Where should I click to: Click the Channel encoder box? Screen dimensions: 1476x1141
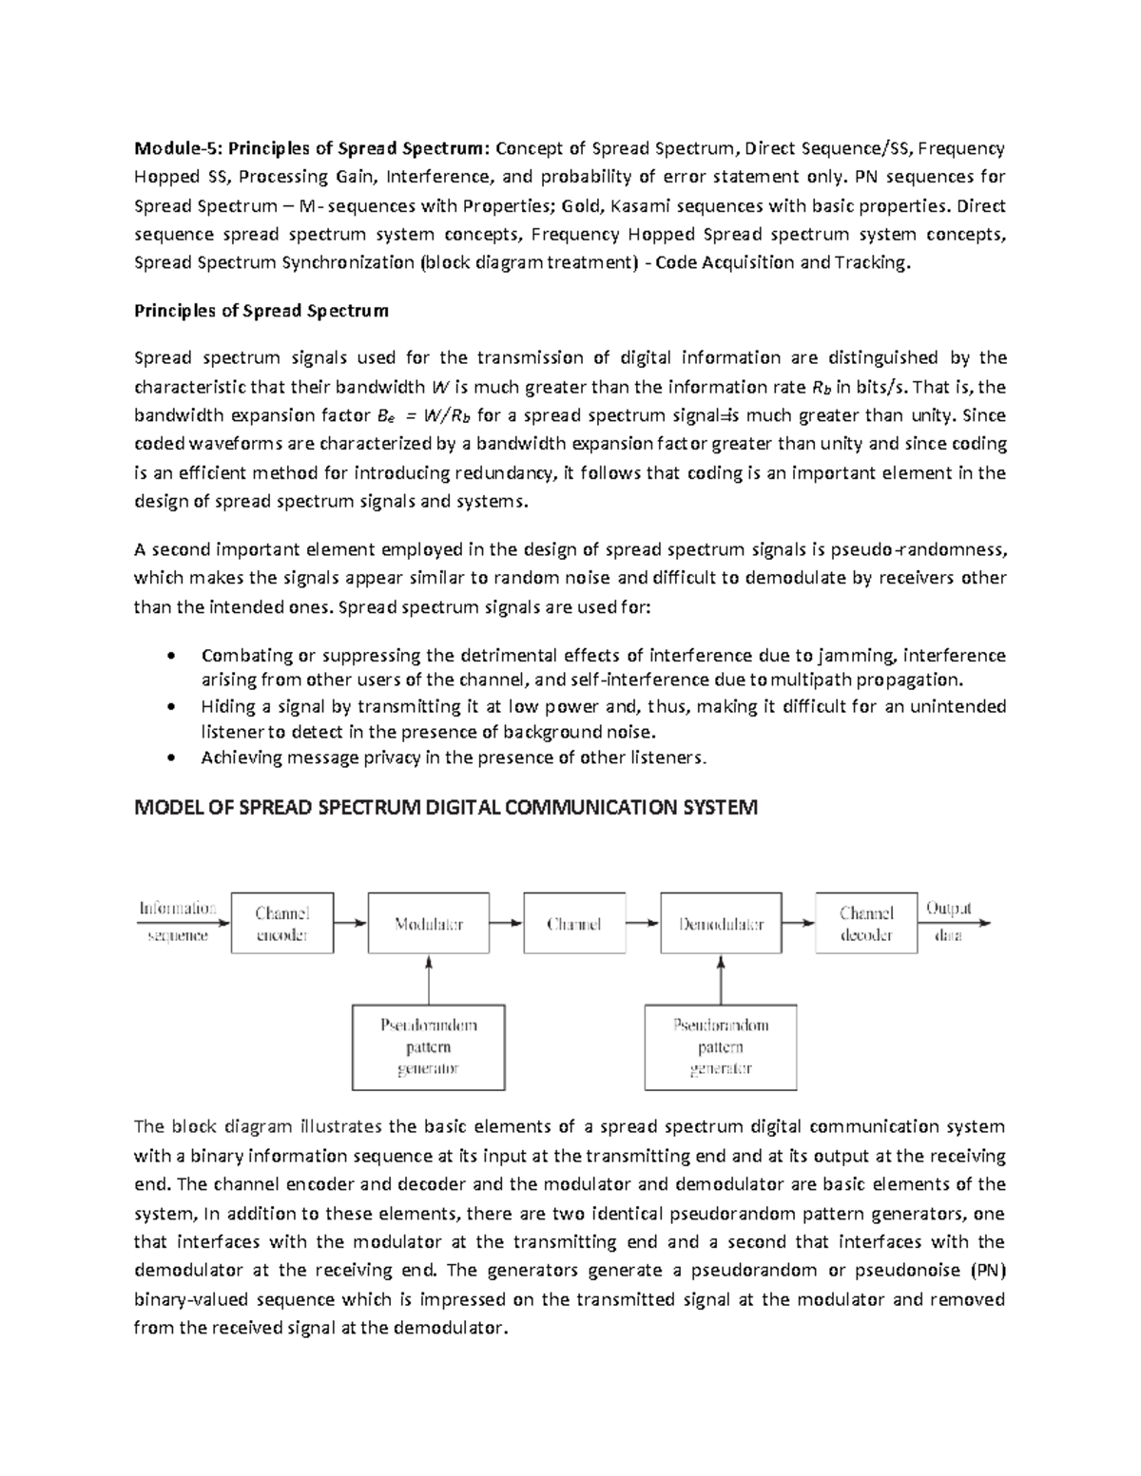coord(282,923)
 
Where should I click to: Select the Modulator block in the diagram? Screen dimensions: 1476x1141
coord(429,923)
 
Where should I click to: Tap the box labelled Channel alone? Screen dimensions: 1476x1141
coord(574,923)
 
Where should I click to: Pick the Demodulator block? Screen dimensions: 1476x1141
coord(721,923)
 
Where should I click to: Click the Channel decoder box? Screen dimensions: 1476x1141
coord(866,923)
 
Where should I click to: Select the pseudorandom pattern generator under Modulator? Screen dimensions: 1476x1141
coord(429,1046)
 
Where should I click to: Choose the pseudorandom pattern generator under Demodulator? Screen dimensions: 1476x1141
coord(721,1046)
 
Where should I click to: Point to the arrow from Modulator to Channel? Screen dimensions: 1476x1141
coord(507,923)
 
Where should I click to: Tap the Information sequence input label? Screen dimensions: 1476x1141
coord(177,921)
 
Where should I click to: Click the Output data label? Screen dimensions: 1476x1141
coord(948,921)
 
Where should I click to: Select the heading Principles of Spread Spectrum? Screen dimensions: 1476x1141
coord(261,311)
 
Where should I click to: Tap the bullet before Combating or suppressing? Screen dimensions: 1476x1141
coord(170,656)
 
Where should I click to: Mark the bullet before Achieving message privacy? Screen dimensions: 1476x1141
coord(170,758)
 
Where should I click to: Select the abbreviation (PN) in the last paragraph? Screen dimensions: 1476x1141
coord(986,1271)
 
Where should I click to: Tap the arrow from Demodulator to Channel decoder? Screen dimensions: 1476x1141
coord(799,923)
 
